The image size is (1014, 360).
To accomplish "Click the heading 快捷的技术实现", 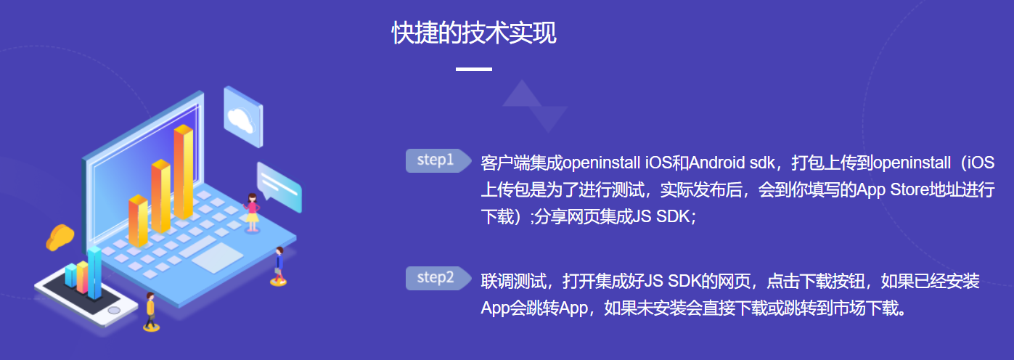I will (x=474, y=33).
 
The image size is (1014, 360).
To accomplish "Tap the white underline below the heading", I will (x=474, y=70).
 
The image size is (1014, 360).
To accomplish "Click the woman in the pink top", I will (x=252, y=211).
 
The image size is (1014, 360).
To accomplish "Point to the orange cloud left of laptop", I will (x=60, y=237).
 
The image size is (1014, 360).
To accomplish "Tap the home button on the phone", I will (x=114, y=311).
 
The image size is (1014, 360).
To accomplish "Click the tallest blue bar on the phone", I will (x=94, y=271).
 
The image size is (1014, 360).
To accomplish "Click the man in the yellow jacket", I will (x=150, y=311).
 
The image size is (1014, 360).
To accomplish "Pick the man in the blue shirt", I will (x=279, y=264).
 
